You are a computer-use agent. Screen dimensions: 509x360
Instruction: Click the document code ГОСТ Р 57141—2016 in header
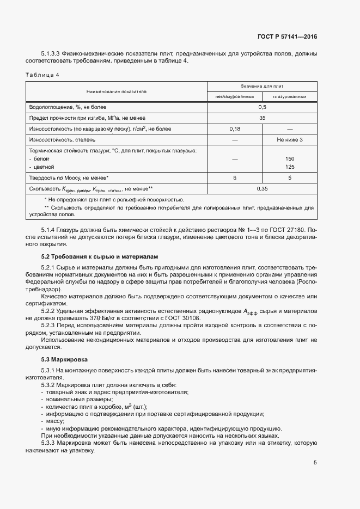[287, 37]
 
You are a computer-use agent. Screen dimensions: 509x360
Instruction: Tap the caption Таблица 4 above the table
[44, 74]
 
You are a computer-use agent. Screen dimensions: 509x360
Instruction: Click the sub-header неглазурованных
[235, 96]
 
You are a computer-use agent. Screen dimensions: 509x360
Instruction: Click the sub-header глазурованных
[289, 96]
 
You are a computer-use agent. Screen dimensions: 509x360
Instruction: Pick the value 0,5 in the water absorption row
[262, 107]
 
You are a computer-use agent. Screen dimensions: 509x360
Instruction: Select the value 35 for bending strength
[262, 118]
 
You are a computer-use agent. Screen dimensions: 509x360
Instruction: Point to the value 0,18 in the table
[235, 128]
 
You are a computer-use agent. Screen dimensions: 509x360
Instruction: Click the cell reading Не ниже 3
[289, 139]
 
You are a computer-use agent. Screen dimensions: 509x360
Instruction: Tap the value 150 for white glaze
[289, 158]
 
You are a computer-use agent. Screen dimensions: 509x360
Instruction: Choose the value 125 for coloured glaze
[289, 167]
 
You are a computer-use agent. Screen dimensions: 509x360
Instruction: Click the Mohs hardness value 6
[235, 177]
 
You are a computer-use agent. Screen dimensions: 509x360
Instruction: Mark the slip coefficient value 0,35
[262, 188]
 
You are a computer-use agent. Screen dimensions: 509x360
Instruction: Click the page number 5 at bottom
[315, 463]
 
